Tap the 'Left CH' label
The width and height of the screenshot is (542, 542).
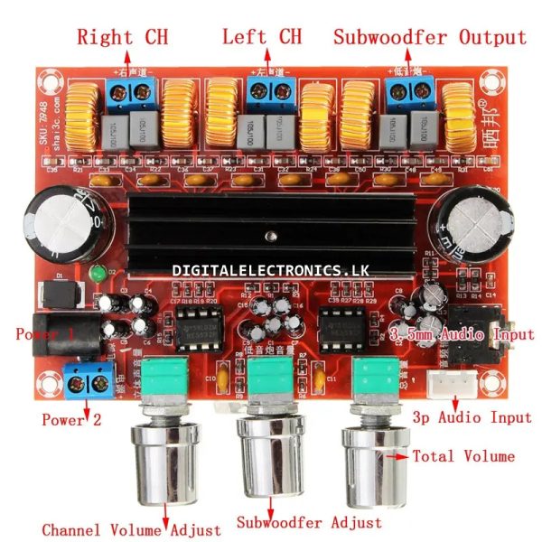(x=262, y=38)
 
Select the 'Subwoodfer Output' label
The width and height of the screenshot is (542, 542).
(x=429, y=38)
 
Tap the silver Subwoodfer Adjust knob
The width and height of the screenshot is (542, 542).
(x=269, y=458)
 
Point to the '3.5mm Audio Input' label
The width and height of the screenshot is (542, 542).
(x=463, y=335)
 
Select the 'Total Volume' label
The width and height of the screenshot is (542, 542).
(x=463, y=456)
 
